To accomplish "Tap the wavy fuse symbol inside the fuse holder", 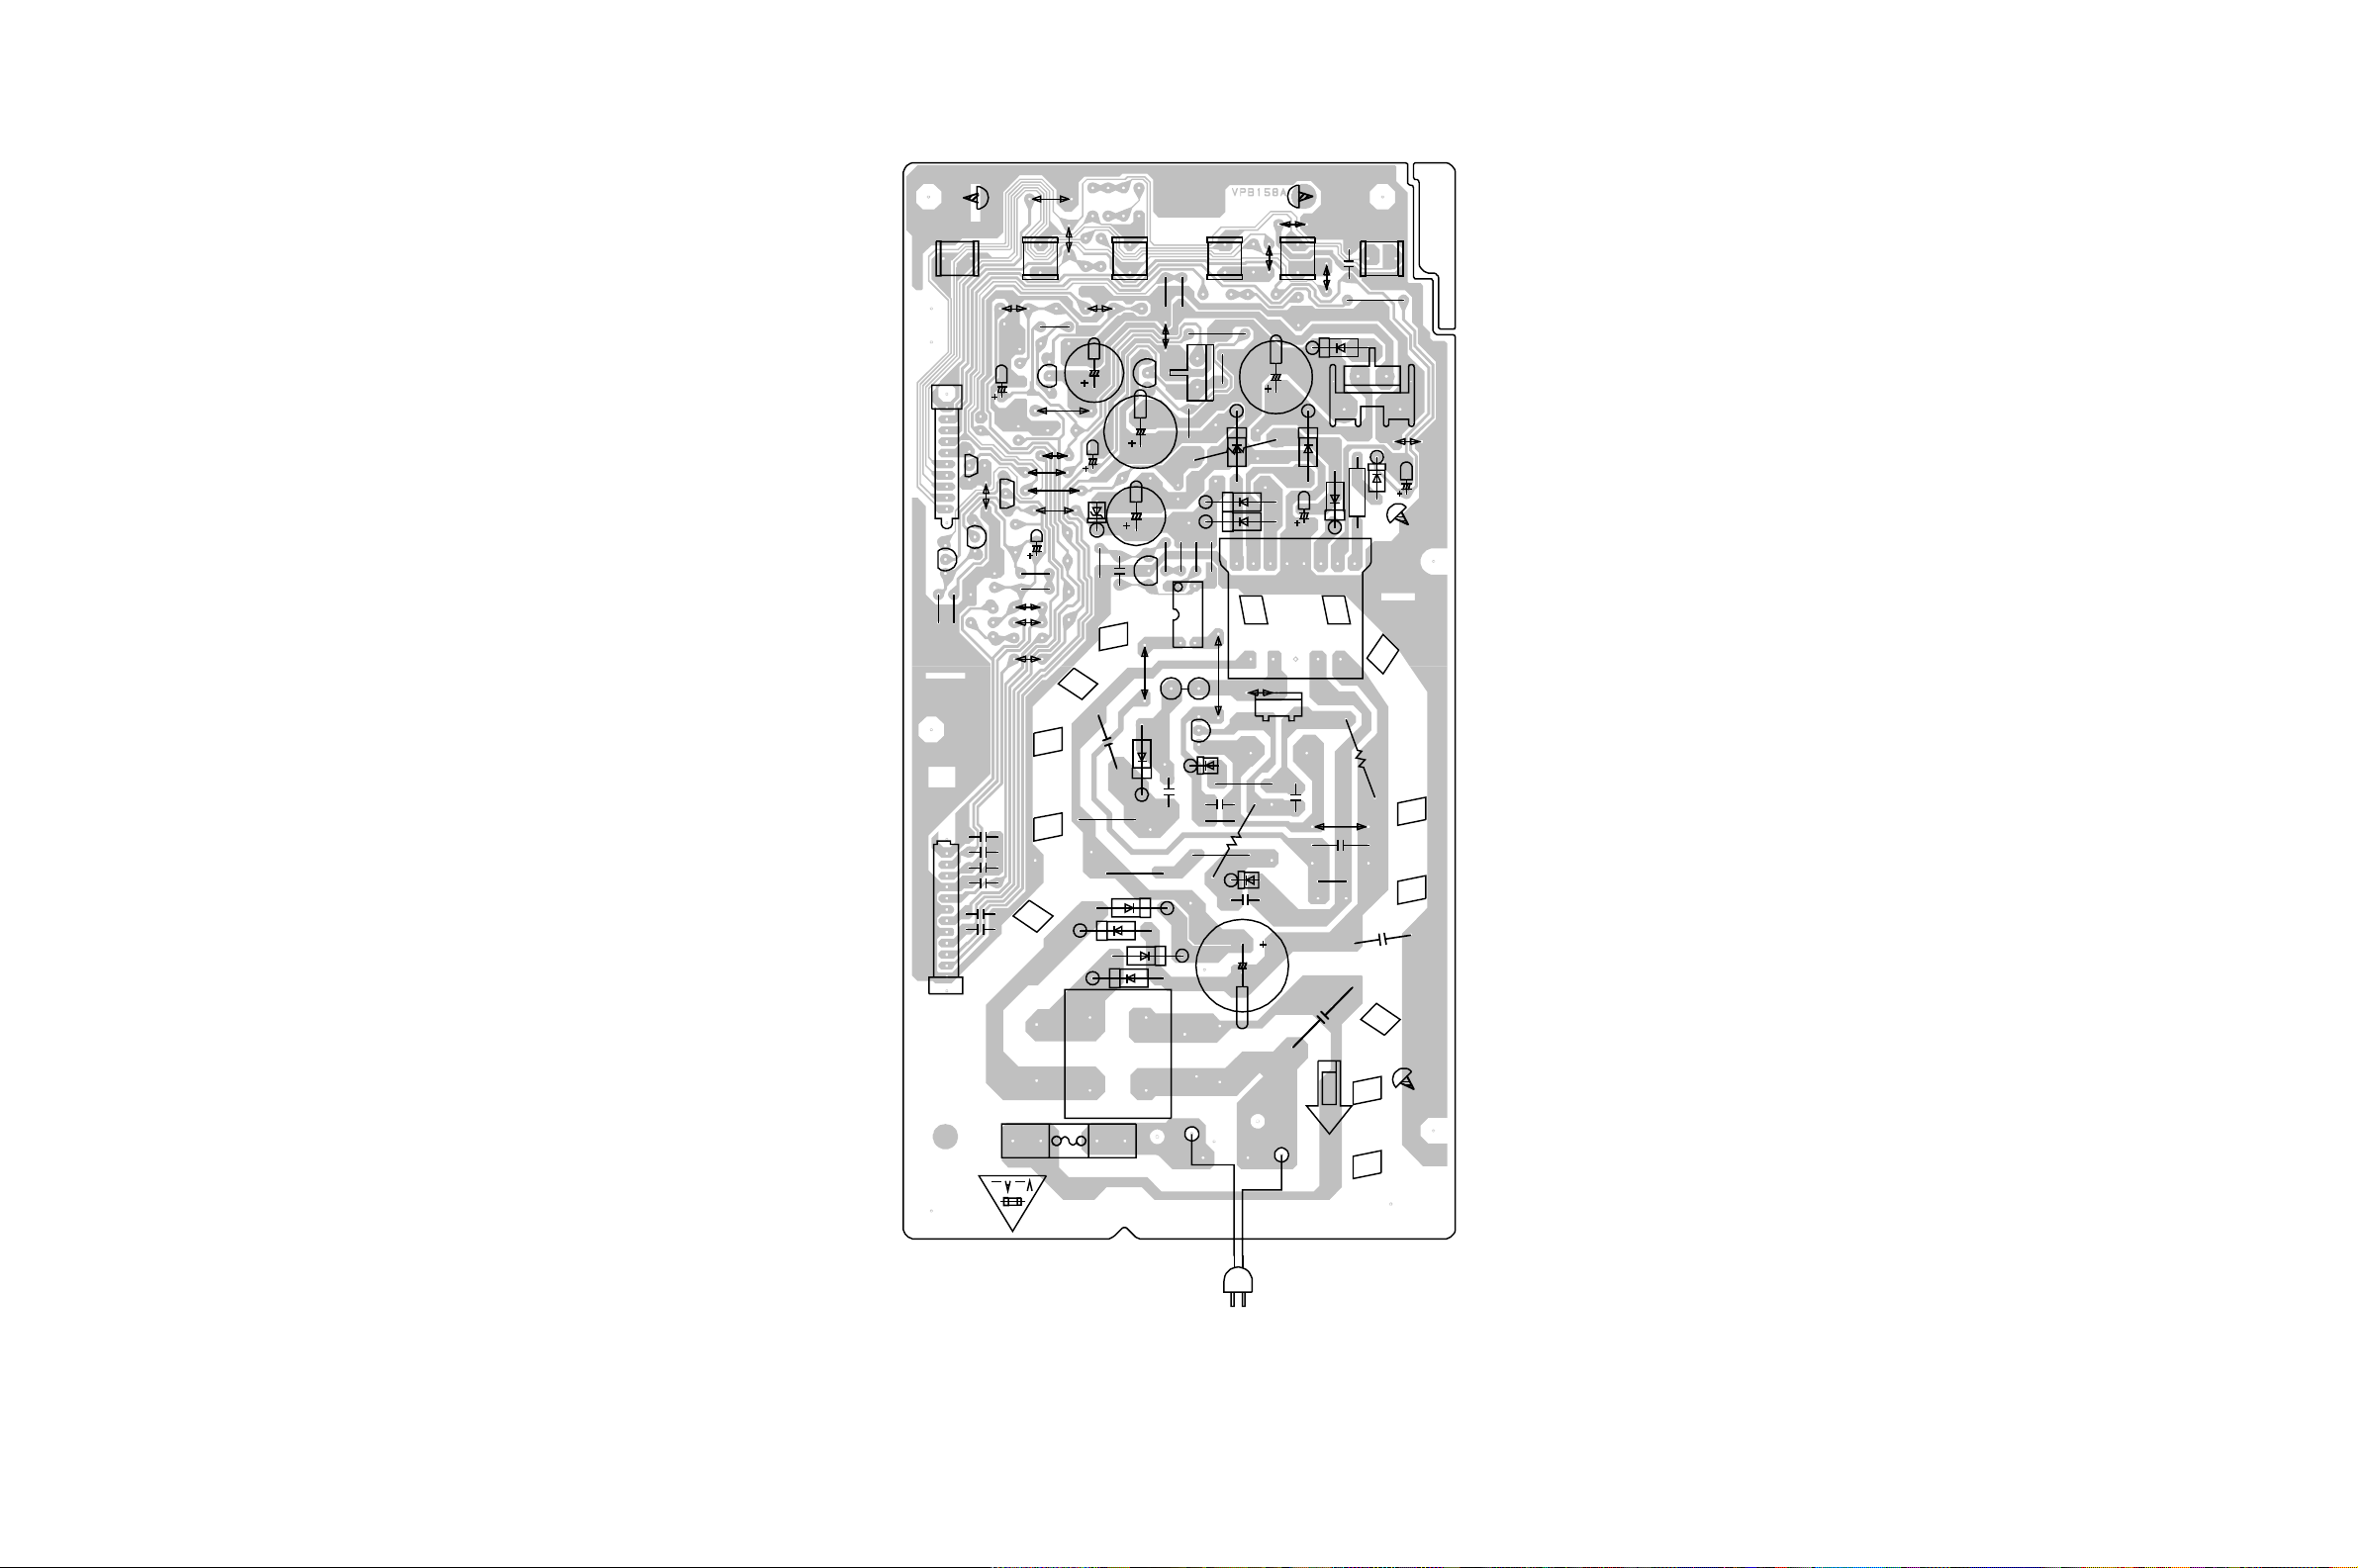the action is click(x=1069, y=1141).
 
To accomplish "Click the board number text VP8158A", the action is click(x=1258, y=193).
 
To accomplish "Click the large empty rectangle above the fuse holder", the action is click(x=1117, y=1053).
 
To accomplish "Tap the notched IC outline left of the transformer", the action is click(x=1187, y=614).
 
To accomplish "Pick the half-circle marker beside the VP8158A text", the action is click(x=1301, y=197).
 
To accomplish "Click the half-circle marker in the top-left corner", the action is click(x=975, y=198).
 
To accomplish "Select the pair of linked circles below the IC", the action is click(x=1185, y=688).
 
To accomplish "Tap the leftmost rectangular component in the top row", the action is click(x=955, y=259).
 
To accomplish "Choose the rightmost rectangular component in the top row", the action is click(x=1382, y=259).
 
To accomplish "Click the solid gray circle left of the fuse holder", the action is click(x=945, y=1137).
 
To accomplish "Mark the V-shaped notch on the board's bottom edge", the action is click(x=1124, y=1233).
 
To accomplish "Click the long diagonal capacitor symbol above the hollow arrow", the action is click(x=1323, y=1017).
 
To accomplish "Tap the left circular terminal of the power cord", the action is click(x=1192, y=1134).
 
